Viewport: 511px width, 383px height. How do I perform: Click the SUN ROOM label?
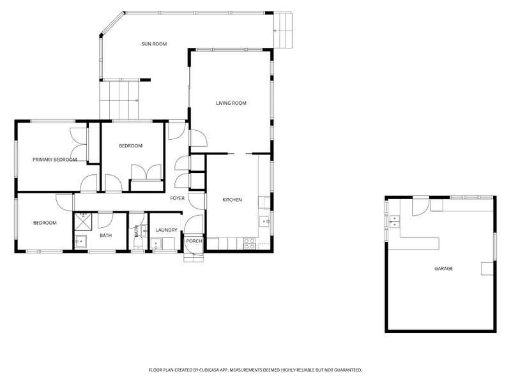[x=154, y=43]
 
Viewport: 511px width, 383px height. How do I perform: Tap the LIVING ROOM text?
[x=231, y=103]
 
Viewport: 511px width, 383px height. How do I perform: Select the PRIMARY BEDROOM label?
[x=55, y=160]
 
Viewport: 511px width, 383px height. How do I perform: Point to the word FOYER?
[x=178, y=198]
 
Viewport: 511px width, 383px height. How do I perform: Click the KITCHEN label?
[x=232, y=200]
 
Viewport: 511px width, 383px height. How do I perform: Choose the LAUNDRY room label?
[x=166, y=230]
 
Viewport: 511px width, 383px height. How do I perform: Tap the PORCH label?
[x=194, y=241]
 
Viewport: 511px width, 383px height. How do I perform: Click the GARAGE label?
[x=443, y=269]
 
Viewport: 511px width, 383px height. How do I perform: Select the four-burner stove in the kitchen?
[x=250, y=244]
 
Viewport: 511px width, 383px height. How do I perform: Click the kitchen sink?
[x=264, y=222]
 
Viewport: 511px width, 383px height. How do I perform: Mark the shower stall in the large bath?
[x=83, y=222]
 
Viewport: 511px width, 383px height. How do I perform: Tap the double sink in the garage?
[x=394, y=222]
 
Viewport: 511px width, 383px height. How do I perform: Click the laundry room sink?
[x=156, y=244]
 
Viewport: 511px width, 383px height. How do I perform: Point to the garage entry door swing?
[x=421, y=207]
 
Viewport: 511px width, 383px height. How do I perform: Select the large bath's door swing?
[x=105, y=220]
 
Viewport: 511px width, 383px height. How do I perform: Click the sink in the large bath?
[x=80, y=241]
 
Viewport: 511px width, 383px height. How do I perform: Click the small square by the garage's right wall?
[x=487, y=269]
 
